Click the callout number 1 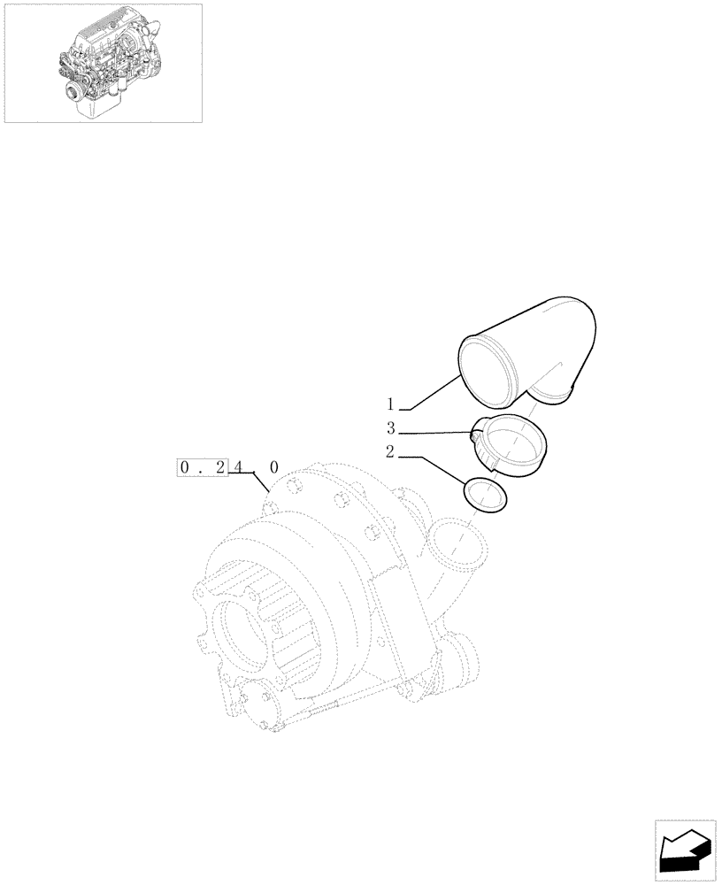(x=389, y=405)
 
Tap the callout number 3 (x=389, y=430)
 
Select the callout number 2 (x=389, y=453)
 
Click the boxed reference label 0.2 (x=204, y=466)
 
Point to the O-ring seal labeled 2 (x=486, y=495)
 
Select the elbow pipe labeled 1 (x=531, y=354)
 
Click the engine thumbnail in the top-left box (x=103, y=62)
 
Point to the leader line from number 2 (x=438, y=468)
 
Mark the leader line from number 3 (x=434, y=432)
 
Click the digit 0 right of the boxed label (x=273, y=466)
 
